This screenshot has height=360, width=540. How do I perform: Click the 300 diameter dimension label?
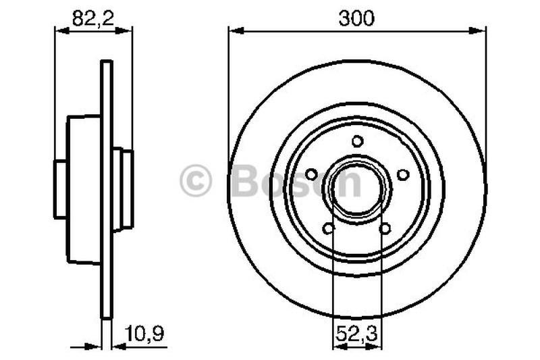(356, 18)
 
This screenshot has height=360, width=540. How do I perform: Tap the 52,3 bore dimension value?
(356, 332)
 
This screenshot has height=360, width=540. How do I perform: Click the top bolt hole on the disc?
(357, 141)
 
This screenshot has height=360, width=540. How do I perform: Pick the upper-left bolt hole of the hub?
(311, 174)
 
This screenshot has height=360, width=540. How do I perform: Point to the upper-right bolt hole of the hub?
(403, 174)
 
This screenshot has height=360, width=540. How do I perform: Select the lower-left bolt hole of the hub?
(329, 229)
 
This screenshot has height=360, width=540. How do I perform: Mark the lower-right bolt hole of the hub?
(385, 229)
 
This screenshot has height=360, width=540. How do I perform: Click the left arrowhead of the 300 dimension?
(234, 30)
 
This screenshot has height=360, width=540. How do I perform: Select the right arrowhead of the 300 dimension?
(481, 30)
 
